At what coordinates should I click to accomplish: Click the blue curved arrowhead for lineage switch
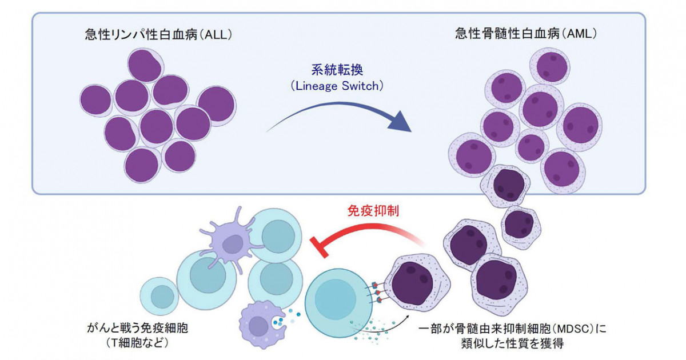pos(402,122)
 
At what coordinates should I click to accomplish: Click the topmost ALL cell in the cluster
pos(145,65)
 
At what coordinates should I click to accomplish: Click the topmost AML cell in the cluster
pos(551,66)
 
